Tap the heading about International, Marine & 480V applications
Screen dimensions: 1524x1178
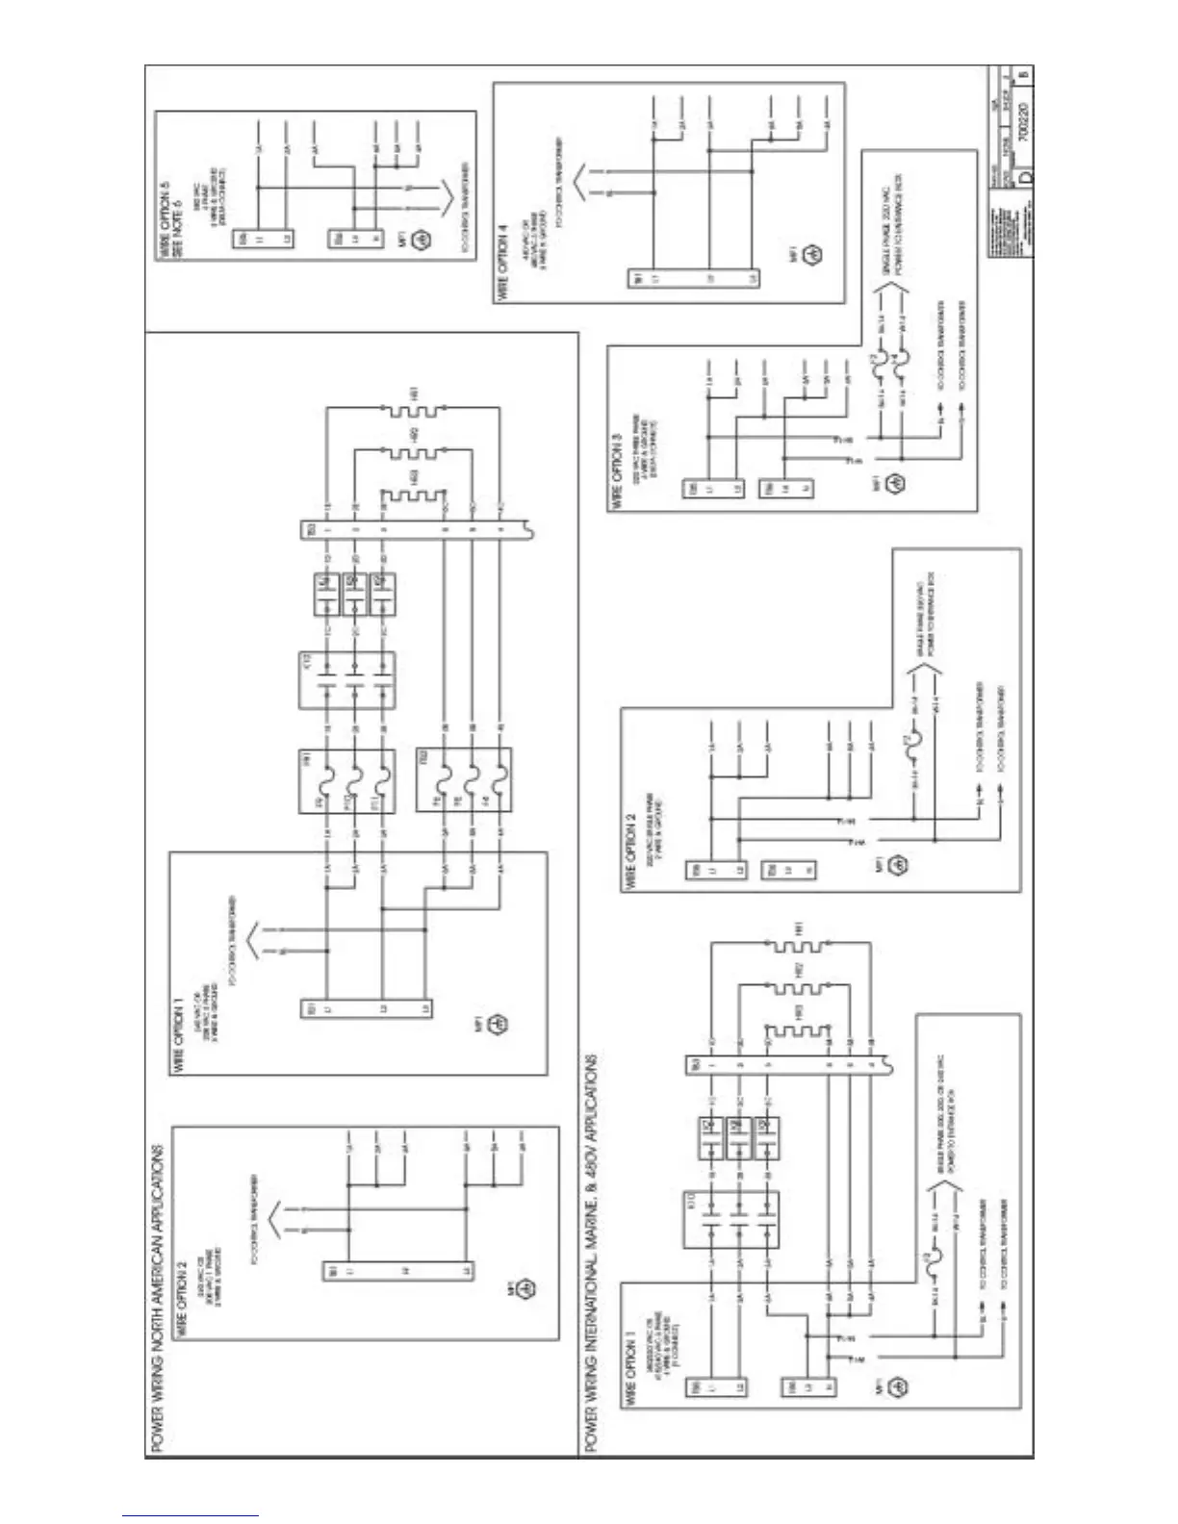[x=591, y=1252]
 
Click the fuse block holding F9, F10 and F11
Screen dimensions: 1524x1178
[x=346, y=782]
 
